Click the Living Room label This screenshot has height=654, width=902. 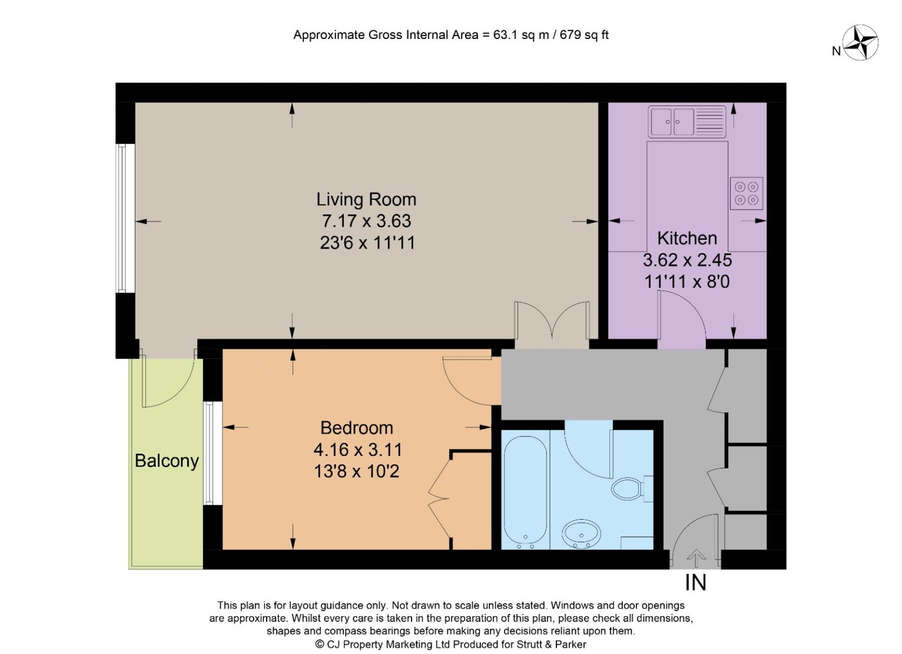(366, 200)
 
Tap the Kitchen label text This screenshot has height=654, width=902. (687, 238)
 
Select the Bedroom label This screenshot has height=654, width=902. (356, 428)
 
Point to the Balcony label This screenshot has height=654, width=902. (167, 461)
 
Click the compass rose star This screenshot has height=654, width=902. (860, 42)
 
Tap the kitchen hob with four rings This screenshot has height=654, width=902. (747, 193)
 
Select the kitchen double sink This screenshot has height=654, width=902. (687, 122)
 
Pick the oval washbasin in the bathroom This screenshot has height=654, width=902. (581, 534)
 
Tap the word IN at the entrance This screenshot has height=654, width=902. (695, 583)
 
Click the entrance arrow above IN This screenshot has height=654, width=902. (697, 559)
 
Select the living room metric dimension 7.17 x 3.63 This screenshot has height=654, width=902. (366, 221)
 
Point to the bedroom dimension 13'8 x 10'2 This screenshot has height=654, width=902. (356, 471)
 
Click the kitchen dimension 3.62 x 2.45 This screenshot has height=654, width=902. (687, 260)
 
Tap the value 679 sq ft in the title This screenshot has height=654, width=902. (584, 35)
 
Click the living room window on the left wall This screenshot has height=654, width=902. (125, 218)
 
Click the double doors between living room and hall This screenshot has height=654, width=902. (552, 325)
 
